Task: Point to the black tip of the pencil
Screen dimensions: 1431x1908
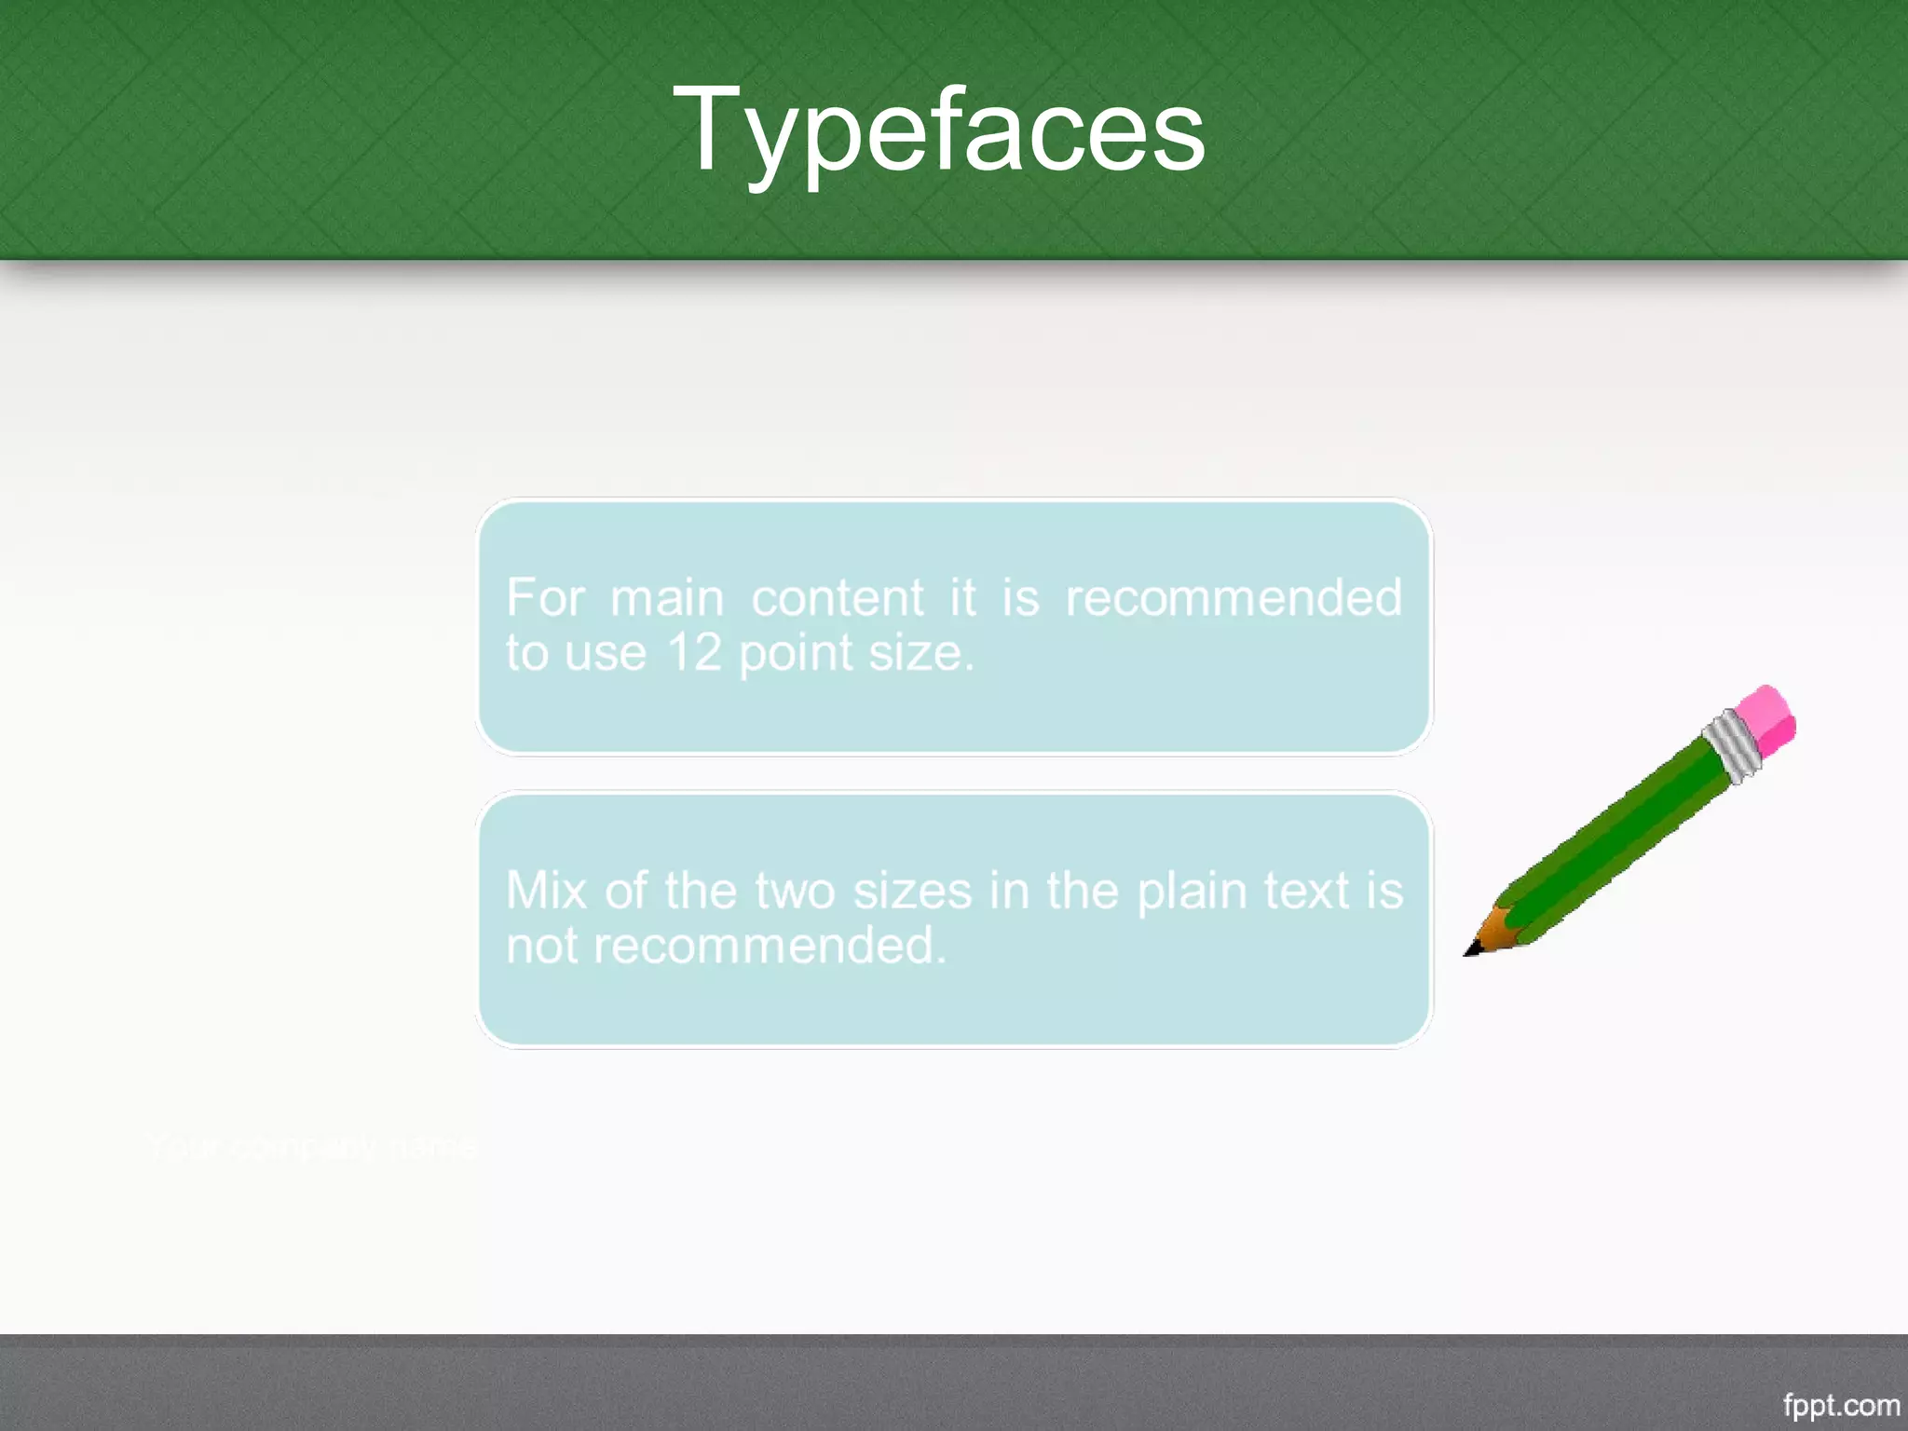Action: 1471,950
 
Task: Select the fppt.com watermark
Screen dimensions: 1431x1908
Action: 1841,1405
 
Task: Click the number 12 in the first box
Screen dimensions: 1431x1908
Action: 695,652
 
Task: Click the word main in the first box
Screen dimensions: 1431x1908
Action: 667,597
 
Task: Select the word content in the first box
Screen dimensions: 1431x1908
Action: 838,597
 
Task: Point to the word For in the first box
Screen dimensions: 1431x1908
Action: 545,597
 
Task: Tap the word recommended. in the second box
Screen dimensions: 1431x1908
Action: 770,946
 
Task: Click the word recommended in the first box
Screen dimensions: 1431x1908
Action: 1233,597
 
